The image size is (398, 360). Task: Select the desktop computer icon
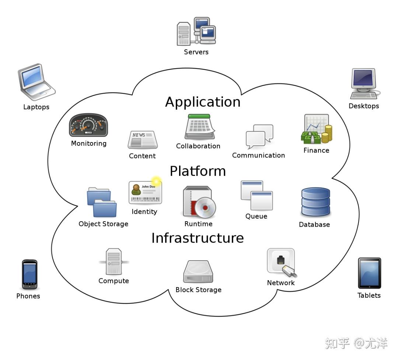363,84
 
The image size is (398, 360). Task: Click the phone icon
29,275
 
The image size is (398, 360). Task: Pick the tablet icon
369,273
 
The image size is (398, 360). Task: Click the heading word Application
202,102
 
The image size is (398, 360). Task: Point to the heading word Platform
198,171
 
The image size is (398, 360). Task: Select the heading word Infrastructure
198,238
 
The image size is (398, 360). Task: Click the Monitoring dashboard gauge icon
88,126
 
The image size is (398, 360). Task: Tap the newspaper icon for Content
142,140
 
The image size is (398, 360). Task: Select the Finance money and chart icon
316,129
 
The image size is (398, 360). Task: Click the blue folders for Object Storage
102,202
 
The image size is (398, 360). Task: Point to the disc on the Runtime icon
205,207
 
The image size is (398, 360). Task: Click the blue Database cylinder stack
315,202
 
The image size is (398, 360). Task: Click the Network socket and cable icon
282,262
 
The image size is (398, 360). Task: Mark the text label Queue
256,216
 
